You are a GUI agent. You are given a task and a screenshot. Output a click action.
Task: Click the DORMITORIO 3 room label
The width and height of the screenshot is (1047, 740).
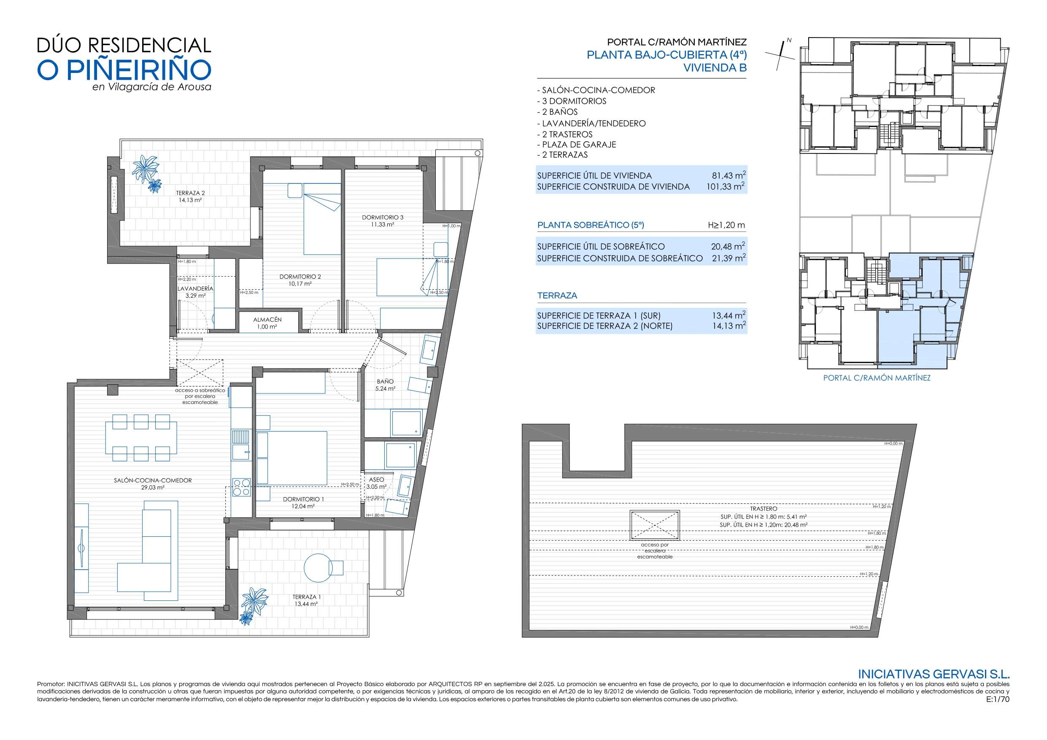383,218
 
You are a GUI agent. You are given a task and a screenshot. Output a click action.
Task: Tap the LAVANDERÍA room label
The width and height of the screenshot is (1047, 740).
195,288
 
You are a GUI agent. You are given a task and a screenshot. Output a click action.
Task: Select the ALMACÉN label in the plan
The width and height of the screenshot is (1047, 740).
267,320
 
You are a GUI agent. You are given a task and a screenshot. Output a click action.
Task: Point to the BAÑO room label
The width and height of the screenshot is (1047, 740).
385,382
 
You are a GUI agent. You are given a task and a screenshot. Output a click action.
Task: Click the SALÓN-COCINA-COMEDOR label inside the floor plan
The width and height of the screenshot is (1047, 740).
153,480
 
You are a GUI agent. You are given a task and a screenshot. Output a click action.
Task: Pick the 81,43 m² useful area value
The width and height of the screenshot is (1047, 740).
729,175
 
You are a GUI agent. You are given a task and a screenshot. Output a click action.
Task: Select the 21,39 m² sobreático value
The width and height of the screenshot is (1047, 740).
729,258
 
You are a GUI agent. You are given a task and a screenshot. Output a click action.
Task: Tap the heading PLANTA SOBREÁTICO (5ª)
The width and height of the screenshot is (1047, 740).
591,225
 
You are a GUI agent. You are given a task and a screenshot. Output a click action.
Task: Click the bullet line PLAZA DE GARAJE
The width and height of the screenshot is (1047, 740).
576,145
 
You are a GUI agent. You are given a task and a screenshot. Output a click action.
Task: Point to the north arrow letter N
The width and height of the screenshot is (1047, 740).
789,40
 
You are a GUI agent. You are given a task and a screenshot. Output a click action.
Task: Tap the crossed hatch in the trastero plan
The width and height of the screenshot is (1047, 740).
654,525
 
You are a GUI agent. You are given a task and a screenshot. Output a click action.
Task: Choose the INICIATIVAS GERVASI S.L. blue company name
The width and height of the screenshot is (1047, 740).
934,674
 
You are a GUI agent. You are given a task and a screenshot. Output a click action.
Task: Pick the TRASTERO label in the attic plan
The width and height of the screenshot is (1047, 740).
764,509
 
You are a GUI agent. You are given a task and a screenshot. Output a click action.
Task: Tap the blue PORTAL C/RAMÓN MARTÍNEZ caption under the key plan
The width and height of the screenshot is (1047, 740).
877,377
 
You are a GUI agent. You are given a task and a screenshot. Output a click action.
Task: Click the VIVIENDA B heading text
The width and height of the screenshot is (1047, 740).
715,67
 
